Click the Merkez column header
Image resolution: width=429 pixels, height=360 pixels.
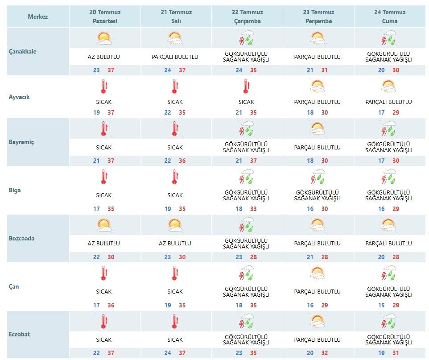[x=38, y=17]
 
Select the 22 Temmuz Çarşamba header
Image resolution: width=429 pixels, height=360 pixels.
[x=247, y=17]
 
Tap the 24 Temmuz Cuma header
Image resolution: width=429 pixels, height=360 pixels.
[x=390, y=17]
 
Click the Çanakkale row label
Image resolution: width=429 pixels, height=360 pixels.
[x=22, y=51]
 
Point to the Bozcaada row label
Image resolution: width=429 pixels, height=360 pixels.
[x=21, y=238]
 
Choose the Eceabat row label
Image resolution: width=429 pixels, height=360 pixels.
[x=19, y=334]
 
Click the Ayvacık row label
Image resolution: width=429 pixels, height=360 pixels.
[x=19, y=97]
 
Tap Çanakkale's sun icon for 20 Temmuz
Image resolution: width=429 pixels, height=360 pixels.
[x=104, y=38]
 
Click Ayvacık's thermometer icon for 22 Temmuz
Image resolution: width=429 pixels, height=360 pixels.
[x=246, y=86]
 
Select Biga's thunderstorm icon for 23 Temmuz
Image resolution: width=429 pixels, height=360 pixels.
[x=318, y=176]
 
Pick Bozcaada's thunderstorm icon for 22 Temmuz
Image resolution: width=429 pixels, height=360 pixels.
[x=246, y=224]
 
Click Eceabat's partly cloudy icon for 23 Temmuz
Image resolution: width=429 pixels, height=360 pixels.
[x=318, y=321]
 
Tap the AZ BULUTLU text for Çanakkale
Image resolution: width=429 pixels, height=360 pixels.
[x=104, y=57]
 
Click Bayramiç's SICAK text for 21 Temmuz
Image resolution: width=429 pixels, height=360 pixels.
[x=175, y=148]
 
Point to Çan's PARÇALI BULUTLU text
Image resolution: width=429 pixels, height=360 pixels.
[x=318, y=292]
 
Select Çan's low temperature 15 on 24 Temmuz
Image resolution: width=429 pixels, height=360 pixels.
[x=381, y=305]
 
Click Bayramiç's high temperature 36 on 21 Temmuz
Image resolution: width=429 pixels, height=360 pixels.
[x=182, y=161]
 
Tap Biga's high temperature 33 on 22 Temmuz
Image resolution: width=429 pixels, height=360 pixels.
[x=253, y=209]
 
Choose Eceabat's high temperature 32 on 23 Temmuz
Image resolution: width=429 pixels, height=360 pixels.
[x=325, y=353]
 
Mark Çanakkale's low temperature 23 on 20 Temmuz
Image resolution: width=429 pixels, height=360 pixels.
[x=96, y=70]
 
